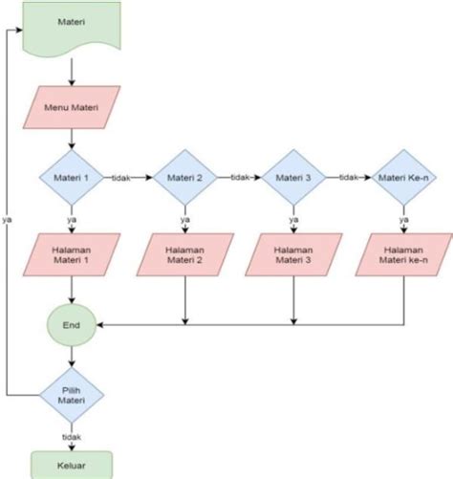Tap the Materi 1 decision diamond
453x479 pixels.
pyautogui.click(x=71, y=177)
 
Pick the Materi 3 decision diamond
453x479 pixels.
pyautogui.click(x=291, y=177)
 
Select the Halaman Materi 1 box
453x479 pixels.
pyautogui.click(x=72, y=254)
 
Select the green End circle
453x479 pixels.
pyautogui.click(x=71, y=325)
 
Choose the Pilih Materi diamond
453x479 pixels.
pyautogui.click(x=71, y=394)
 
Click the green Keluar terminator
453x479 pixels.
pyautogui.click(x=71, y=465)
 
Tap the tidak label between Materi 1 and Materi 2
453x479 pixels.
pyautogui.click(x=122, y=177)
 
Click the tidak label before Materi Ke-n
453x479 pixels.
pyautogui.click(x=348, y=177)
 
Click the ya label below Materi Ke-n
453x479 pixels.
pyautogui.click(x=403, y=219)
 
